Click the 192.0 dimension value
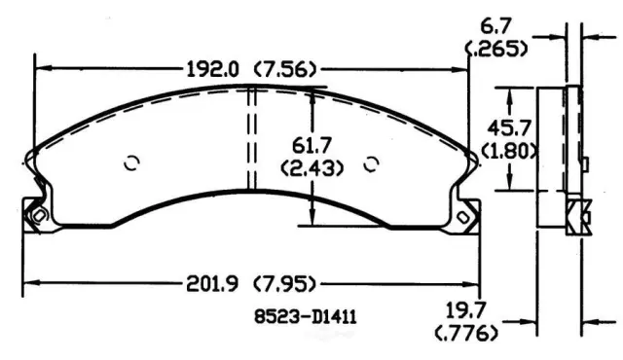212,69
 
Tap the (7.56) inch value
285,70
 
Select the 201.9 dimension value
212,284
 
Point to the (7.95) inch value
285,284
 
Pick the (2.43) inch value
311,168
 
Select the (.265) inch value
496,49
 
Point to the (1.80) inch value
509,151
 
